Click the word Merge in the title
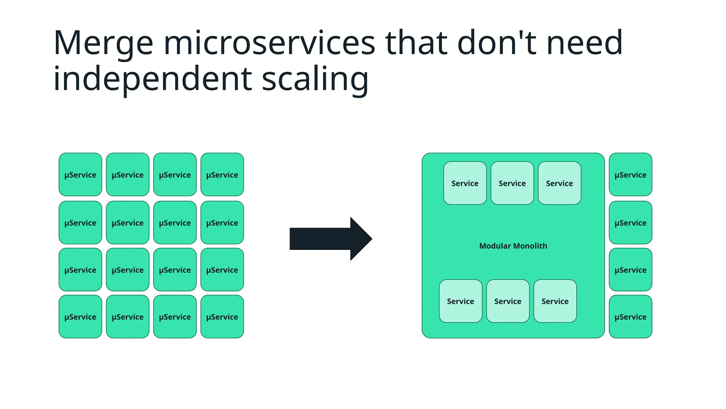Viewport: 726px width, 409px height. pyautogui.click(x=103, y=43)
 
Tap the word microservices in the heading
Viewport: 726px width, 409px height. pyautogui.click(x=269, y=43)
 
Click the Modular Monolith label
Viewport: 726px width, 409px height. pyautogui.click(x=513, y=246)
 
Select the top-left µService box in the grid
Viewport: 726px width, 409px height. pyautogui.click(x=80, y=174)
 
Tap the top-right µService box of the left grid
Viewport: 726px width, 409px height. pyautogui.click(x=222, y=174)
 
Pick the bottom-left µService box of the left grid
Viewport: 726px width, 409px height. pyautogui.click(x=80, y=316)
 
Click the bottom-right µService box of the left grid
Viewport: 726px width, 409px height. pyautogui.click(x=222, y=316)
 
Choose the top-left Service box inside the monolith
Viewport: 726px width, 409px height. pyautogui.click(x=465, y=183)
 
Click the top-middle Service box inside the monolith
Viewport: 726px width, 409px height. pyautogui.click(x=512, y=183)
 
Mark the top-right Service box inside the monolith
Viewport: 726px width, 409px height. pyautogui.click(x=559, y=183)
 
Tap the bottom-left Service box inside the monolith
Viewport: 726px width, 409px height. pyautogui.click(x=460, y=301)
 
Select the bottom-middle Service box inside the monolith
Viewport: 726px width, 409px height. pyautogui.click(x=508, y=301)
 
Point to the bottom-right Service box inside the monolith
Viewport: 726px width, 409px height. pyautogui.click(x=555, y=301)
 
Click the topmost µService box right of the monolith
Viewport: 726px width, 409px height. pyautogui.click(x=630, y=174)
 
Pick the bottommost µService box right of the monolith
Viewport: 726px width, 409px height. pyautogui.click(x=630, y=316)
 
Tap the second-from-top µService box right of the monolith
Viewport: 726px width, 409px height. pyautogui.click(x=630, y=223)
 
